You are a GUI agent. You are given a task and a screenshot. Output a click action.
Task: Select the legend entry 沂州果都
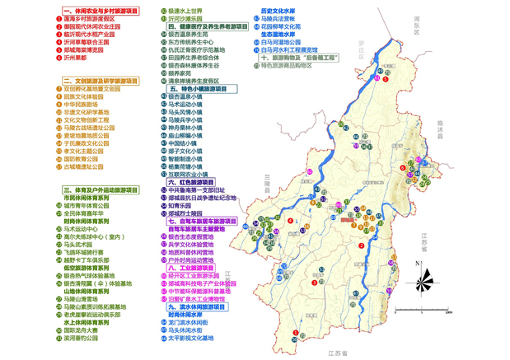[77, 59]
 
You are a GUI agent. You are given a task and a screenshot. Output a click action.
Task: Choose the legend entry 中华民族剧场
[82, 104]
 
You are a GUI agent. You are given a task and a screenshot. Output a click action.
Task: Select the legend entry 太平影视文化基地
[190, 337]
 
